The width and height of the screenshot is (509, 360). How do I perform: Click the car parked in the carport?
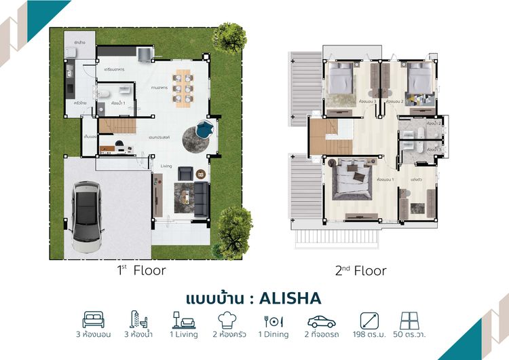click(88, 211)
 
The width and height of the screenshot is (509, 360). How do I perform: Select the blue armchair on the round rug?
click(205, 128)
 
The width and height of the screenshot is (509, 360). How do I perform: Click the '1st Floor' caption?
click(141, 270)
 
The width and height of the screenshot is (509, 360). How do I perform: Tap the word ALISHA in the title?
click(290, 298)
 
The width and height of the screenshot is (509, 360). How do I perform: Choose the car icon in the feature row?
click(322, 320)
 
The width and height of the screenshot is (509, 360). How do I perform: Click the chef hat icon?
click(228, 319)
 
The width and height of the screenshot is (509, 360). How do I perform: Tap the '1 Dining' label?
click(274, 335)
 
